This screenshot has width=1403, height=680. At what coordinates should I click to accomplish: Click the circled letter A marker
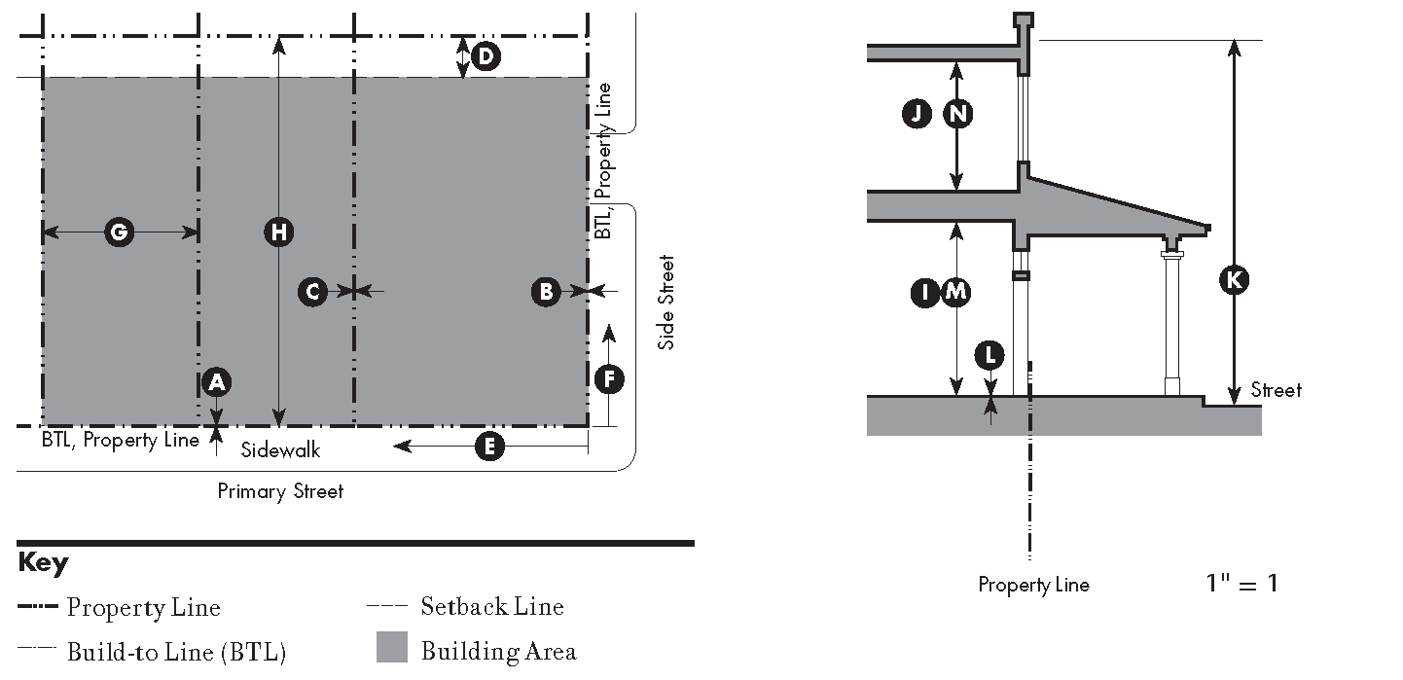point(217,382)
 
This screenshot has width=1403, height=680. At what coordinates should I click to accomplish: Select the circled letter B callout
point(546,291)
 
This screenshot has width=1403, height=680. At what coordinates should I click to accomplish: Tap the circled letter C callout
point(312,291)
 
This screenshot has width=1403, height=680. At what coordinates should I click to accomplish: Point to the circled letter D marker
point(486,56)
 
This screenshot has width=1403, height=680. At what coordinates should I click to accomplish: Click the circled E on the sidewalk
point(489,447)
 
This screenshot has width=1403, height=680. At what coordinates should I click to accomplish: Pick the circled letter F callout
point(609,378)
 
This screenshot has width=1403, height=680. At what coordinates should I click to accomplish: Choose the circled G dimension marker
point(119,233)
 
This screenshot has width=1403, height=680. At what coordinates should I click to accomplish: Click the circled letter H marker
point(278,233)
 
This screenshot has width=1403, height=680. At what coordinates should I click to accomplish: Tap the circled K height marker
point(1235,279)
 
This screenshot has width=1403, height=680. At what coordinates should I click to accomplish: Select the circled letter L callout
point(989,356)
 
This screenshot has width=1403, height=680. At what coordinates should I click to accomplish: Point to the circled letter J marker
point(917,114)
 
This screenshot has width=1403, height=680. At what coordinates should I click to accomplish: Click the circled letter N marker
point(958,114)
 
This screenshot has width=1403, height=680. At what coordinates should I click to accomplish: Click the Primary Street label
point(280,491)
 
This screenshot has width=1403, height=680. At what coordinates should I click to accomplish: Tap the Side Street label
point(666,302)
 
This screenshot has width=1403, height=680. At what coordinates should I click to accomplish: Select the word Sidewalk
point(280,449)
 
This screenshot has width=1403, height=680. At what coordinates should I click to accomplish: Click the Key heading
point(43,563)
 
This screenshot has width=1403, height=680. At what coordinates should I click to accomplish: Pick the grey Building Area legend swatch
point(391,647)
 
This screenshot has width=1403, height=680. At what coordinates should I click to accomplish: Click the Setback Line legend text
point(492,606)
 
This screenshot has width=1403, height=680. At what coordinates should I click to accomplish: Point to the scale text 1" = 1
point(1242,584)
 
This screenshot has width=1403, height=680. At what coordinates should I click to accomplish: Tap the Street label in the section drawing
point(1277,390)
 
